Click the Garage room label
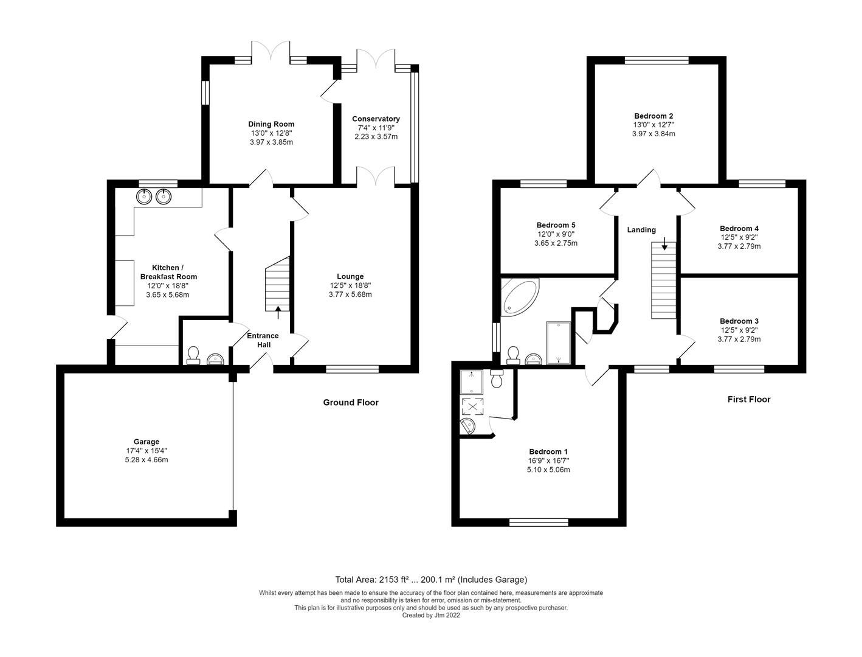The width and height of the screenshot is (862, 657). [146, 442]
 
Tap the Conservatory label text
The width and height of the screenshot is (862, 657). [376, 119]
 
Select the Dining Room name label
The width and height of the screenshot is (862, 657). [271, 124]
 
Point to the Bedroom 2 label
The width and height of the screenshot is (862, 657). [653, 116]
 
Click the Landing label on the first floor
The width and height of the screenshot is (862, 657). [641, 229]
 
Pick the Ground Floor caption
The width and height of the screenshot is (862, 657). [350, 402]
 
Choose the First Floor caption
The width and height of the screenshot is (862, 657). [748, 399]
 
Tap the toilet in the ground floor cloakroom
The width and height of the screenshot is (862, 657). [194, 355]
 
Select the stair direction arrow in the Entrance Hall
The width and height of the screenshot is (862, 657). [278, 313]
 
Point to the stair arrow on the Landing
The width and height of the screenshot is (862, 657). [664, 246]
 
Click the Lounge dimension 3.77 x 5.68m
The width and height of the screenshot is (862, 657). [350, 294]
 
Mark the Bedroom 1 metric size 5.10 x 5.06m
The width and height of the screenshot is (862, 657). [548, 470]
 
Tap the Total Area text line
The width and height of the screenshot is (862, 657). [431, 579]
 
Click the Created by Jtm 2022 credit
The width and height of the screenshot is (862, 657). [431, 615]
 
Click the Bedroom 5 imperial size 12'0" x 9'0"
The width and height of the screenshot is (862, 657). [556, 234]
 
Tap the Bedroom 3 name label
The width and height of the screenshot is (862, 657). [739, 321]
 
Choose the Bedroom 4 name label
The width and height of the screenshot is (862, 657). [739, 228]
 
